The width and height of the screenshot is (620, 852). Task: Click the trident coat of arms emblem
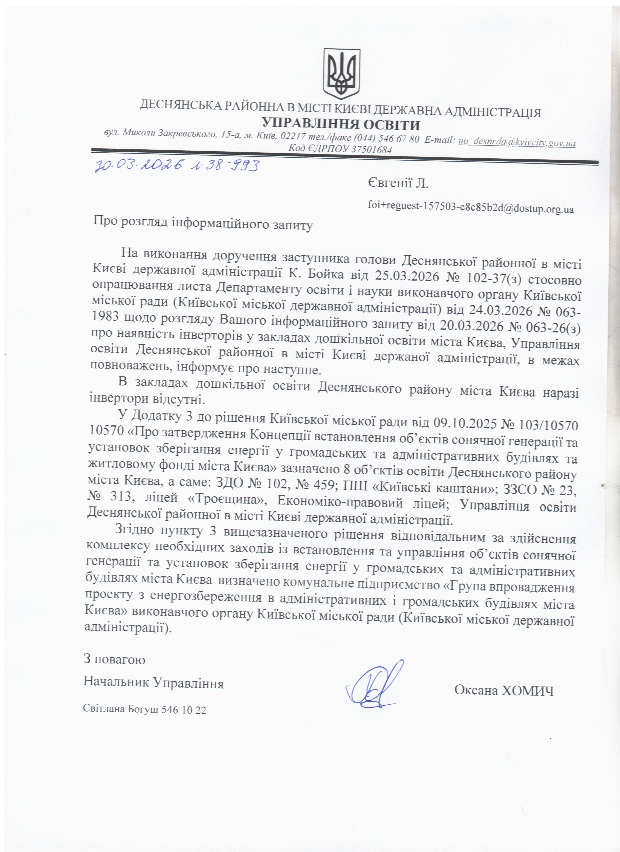pos(341,74)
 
